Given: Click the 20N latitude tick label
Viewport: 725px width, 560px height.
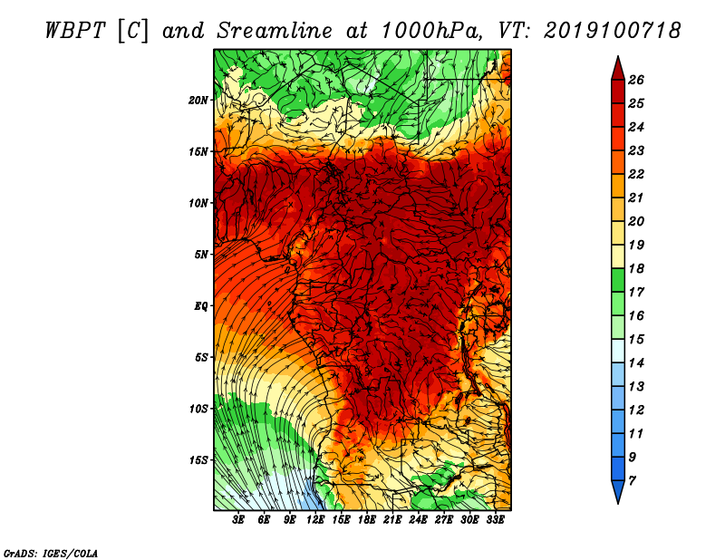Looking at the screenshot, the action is [198, 101].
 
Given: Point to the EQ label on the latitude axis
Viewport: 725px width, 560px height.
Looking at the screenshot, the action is [201, 306].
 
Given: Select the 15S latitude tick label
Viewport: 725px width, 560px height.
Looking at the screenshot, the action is [198, 460].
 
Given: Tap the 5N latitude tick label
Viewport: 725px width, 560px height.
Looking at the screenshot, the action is [201, 255].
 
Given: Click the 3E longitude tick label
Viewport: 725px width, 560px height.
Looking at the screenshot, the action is [237, 520].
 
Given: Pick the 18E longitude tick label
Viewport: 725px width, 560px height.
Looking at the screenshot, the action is [367, 520].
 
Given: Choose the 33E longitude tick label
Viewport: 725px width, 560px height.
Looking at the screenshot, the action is [495, 520].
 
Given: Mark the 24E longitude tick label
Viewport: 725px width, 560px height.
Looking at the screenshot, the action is [418, 520].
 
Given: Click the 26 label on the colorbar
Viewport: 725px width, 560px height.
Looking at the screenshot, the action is [636, 80].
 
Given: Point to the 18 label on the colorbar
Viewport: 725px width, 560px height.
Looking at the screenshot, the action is [636, 268].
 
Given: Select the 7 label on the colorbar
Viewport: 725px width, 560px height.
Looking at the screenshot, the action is [632, 481].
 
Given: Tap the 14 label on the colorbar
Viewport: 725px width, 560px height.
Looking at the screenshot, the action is [636, 363].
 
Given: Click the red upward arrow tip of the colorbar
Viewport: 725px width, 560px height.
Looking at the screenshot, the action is [618, 57].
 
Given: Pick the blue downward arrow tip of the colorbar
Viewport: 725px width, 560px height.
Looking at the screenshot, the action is [618, 503].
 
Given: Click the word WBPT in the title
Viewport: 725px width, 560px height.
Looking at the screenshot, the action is [75, 31].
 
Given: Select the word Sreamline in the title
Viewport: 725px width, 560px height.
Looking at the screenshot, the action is [275, 31].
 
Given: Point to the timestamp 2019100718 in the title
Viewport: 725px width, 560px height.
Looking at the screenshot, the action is [613, 31].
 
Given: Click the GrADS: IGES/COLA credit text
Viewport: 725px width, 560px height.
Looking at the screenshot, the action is [51, 554].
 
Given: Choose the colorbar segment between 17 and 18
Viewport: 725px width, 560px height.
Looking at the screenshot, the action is [618, 280].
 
